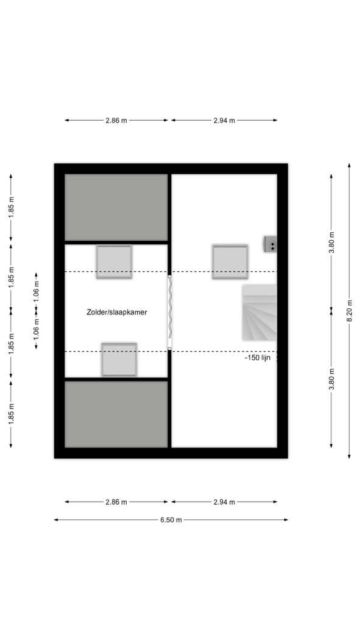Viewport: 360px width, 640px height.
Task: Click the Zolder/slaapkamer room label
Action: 116,312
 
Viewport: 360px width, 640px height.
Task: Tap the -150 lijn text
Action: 258,358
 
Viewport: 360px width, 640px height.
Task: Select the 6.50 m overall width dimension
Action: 171,519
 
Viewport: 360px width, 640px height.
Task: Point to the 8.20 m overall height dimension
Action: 350,311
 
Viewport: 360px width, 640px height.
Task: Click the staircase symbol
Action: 259,312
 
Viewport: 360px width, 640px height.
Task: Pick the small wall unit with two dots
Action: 270,244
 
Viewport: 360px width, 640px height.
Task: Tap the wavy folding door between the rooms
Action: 169,312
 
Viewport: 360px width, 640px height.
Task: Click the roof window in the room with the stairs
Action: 230,261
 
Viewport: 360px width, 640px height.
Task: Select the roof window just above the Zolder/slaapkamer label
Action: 114,261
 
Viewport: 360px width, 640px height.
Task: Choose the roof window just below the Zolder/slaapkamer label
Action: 119,360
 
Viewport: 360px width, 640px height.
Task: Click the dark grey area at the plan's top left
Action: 116,207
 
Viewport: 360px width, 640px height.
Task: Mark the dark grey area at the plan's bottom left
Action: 116,414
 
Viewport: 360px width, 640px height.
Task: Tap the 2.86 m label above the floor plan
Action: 116,121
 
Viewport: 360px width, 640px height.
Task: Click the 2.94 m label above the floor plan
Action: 224,121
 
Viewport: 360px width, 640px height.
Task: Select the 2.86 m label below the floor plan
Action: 116,502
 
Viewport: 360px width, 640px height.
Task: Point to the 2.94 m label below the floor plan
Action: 224,502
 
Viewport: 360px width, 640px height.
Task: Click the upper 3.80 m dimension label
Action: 332,243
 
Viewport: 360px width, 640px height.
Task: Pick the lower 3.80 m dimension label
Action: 332,379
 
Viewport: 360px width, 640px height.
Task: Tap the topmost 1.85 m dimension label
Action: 12,207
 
